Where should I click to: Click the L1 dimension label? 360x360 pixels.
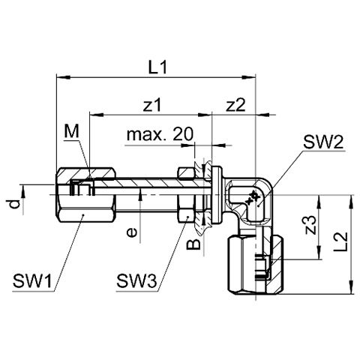pyautogui.click(x=157, y=67)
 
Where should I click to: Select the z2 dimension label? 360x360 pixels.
pyautogui.click(x=235, y=105)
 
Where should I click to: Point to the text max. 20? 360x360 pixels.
pyautogui.click(x=160, y=134)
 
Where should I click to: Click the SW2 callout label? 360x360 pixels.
pyautogui.click(x=323, y=142)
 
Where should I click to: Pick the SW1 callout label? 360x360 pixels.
pyautogui.click(x=32, y=280)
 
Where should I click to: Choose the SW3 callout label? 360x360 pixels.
pyautogui.click(x=136, y=280)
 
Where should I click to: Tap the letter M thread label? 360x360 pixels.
pyautogui.click(x=71, y=131)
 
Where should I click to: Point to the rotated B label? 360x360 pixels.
pyautogui.click(x=194, y=244)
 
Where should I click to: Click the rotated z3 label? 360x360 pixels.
pyautogui.click(x=310, y=225)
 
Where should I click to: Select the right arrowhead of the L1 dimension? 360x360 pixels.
pyautogui.click(x=249, y=77)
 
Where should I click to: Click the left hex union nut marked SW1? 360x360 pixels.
pyautogui.click(x=85, y=195)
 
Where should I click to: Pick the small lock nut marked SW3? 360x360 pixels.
pyautogui.click(x=185, y=195)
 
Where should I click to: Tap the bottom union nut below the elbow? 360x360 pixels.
pyautogui.click(x=256, y=266)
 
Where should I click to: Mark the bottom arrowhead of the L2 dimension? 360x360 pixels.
pyautogui.click(x=352, y=287)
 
